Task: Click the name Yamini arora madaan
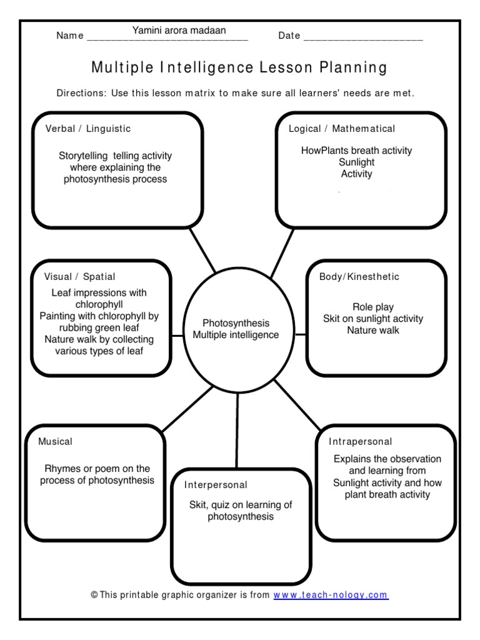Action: pos(179,30)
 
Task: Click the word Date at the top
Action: pos(289,36)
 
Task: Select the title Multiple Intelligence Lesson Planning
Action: pos(239,67)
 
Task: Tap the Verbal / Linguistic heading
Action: pos(88,129)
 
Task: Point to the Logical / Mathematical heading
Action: pos(341,129)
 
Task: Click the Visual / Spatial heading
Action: pos(80,276)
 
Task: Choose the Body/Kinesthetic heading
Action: pos(359,276)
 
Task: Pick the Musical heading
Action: pos(56,441)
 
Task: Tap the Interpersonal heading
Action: pos(216,484)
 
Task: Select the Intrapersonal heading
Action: pos(361,442)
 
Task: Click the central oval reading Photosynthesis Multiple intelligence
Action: pos(236,329)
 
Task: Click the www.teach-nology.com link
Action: pos(331,595)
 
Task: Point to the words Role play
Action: pos(373,307)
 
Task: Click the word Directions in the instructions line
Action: pos(81,93)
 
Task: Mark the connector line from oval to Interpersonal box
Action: pos(237,431)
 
